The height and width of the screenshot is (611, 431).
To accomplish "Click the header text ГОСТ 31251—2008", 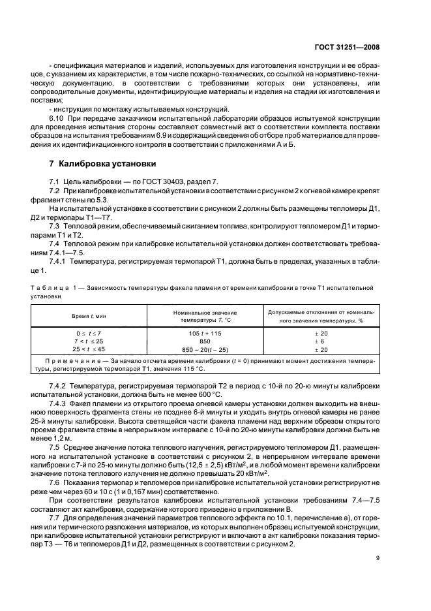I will coord(347,47).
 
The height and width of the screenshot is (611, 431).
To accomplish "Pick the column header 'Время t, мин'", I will coord(89,316).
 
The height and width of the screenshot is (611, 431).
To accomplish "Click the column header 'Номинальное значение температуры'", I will coord(205,316).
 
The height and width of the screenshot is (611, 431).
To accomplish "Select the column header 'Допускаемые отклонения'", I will coord(320,316).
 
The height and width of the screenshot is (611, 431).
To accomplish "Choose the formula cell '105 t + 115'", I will coord(205,333).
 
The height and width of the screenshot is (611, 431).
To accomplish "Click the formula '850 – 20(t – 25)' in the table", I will coord(205,350).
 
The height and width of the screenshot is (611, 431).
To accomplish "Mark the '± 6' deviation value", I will coord(320,341).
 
